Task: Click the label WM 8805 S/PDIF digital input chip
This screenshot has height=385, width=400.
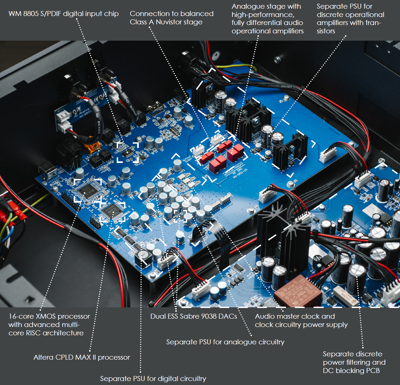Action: (63, 14)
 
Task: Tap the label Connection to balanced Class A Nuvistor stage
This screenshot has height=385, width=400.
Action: (171, 18)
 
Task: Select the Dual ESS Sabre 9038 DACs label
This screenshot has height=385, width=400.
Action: (193, 316)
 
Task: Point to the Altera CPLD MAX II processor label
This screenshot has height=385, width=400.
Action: (82, 357)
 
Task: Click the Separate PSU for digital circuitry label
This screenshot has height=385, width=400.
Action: (153, 379)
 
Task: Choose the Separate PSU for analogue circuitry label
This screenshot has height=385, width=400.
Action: (225, 342)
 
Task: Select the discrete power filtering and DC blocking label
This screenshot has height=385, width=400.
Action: (354, 362)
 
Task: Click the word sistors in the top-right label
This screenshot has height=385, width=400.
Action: (326, 31)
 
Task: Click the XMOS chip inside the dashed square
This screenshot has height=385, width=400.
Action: (87, 191)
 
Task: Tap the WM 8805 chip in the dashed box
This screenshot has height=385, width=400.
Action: (128, 153)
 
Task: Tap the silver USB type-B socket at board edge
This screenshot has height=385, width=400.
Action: (48, 171)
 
